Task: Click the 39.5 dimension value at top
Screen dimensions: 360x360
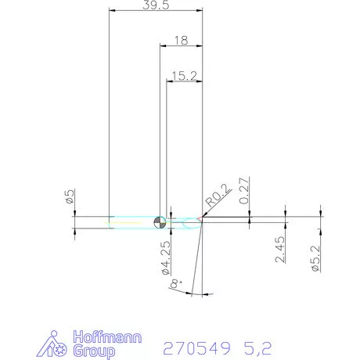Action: [x=156, y=5]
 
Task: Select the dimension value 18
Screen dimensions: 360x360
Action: [x=182, y=39]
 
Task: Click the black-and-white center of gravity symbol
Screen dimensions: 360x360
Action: [x=160, y=223]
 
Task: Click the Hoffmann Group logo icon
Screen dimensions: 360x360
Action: [x=56, y=344]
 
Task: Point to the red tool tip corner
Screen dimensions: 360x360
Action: [x=203, y=222]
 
